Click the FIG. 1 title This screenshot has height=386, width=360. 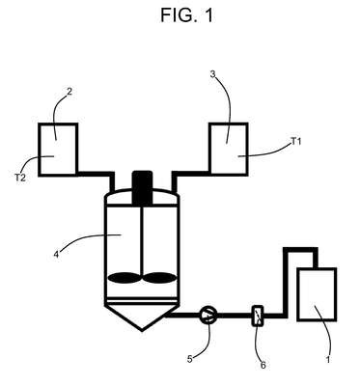coord(186,15)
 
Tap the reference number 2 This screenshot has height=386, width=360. coord(69,92)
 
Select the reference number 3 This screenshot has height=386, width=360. coord(212,74)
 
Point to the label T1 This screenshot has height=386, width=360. coord(296,141)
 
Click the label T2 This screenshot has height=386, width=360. coord(20,178)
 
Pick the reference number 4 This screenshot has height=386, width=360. coord(57,255)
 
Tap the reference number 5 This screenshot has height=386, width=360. coord(190,359)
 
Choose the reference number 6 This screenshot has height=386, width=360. coord(263,365)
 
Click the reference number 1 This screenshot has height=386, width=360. coord(328,360)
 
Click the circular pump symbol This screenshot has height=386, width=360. coord(208,315)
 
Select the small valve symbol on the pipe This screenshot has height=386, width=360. coord(258,316)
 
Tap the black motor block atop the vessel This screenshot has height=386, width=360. coord(142,188)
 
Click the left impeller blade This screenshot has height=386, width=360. coord(125,278)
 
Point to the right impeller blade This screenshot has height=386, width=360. coord(159,278)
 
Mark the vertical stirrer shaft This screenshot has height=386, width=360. coord(142,239)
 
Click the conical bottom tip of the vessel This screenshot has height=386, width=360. coord(142,330)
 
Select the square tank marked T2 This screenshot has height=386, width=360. coord(58,150)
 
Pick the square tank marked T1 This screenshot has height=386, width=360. coord(229,150)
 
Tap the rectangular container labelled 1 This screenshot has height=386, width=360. coord(317,294)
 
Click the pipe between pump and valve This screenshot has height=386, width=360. coord(235,316)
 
